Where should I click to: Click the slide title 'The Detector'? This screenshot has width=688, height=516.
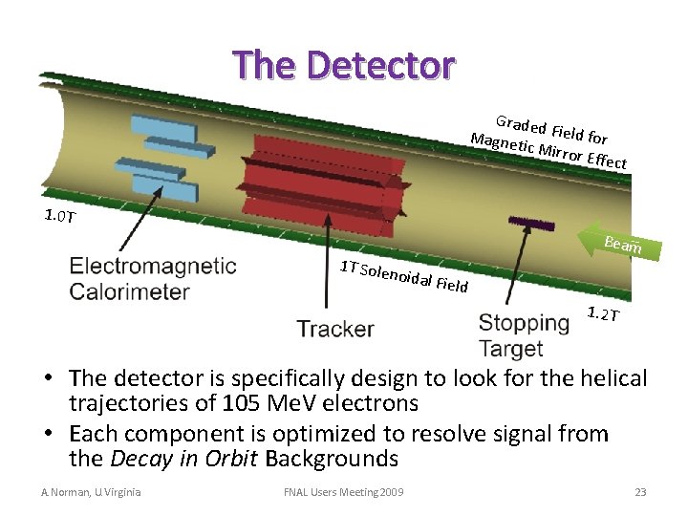tap(344, 65)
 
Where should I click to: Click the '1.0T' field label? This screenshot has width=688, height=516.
tap(61, 216)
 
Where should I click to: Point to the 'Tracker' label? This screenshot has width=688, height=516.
tap(334, 330)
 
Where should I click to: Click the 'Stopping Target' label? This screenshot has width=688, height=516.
tap(524, 335)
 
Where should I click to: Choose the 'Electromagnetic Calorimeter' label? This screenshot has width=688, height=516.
tap(152, 278)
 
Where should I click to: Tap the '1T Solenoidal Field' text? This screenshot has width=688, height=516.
tap(403, 276)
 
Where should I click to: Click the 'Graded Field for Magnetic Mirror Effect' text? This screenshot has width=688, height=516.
tap(550, 143)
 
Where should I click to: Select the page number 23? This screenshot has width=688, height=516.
tap(640, 492)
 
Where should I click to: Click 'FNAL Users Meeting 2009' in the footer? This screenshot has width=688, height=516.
tap(343, 492)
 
